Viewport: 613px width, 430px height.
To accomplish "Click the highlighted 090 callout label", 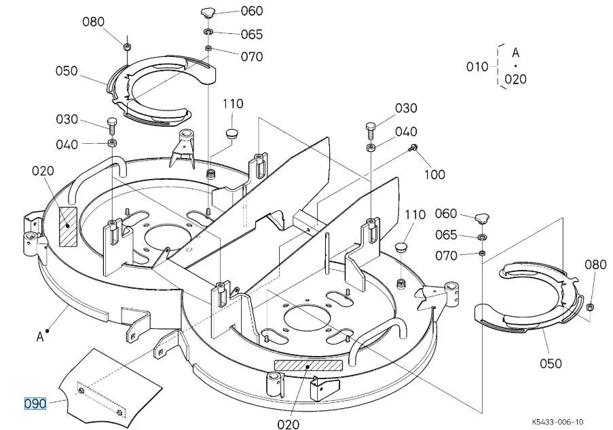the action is pos(35,404).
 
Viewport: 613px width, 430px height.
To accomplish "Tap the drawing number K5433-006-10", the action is pos(557,422).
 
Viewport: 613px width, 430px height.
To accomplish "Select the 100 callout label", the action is pos(434,174).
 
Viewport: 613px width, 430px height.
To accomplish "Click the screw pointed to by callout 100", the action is pos(412,148).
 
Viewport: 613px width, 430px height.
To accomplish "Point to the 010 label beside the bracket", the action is pos(477,66).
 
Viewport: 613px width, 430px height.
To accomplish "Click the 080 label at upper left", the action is pos(94,22).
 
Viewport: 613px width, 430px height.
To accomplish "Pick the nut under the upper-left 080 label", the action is pos(127,47).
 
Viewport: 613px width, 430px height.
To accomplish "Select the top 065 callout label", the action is pos(252,35).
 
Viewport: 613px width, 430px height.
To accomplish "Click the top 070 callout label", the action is pos(252,56).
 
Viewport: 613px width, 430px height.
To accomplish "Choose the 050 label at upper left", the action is pos(67,71).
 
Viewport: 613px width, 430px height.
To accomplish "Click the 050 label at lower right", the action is pos(551,364).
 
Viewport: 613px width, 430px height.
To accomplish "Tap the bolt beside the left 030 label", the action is pos(112,125).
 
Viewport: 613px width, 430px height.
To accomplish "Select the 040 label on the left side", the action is pos(67,145).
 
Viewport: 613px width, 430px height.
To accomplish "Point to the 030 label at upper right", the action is pos(406,109).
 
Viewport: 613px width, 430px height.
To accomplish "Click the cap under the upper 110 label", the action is pos(232,132).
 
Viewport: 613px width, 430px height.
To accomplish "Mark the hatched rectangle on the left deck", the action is pos(68,227).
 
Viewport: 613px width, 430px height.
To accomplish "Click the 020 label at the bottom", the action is pos(288,424).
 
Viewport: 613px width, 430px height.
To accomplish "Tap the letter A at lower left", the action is pos(40,336).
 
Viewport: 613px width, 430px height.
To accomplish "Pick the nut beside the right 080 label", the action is pos(591,306).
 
